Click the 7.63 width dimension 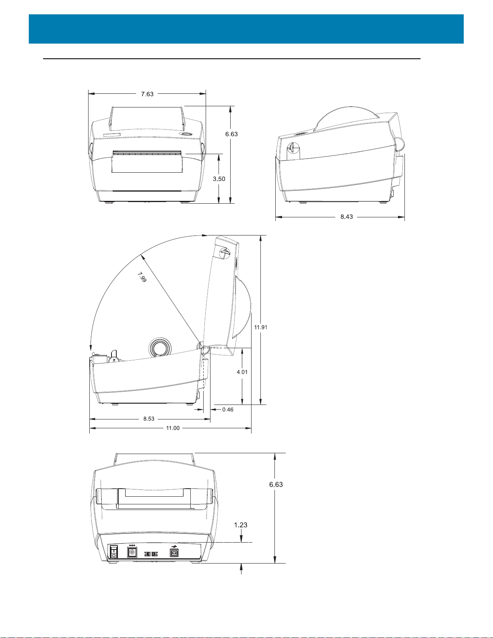point(147,94)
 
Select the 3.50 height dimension point(219,179)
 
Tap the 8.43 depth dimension point(347,217)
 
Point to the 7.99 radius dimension point(142,277)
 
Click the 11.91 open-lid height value point(261,327)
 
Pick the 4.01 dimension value point(242,372)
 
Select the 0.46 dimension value point(228,410)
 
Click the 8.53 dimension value point(149,419)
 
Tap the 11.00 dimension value point(173,428)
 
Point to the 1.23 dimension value point(241,524)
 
